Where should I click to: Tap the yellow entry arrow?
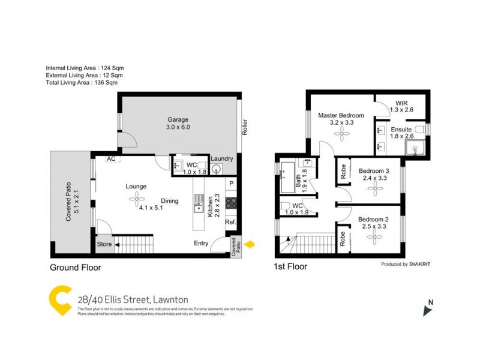coord(251,244)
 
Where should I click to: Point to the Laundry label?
coord(222,158)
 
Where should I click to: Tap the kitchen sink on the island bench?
coord(197,208)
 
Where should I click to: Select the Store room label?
coord(104,244)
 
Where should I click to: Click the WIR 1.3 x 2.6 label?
coord(401,106)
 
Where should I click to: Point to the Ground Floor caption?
coord(75,268)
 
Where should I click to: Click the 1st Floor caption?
coord(291,266)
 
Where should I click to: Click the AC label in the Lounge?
coord(111,159)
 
